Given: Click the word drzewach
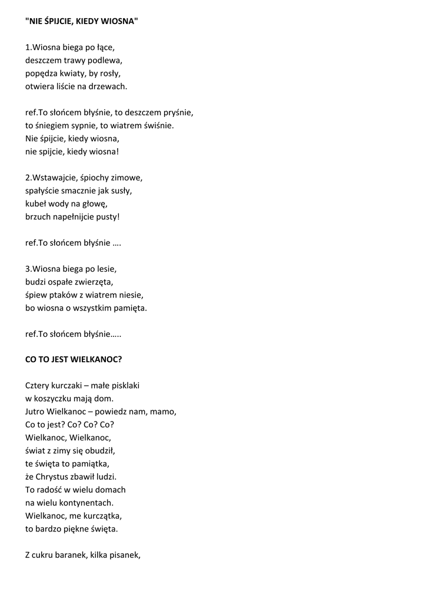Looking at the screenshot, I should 109,86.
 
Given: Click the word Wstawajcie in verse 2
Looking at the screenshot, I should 55,177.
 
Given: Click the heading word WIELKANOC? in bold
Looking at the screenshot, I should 95,359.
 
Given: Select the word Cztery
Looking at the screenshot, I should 38,386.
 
